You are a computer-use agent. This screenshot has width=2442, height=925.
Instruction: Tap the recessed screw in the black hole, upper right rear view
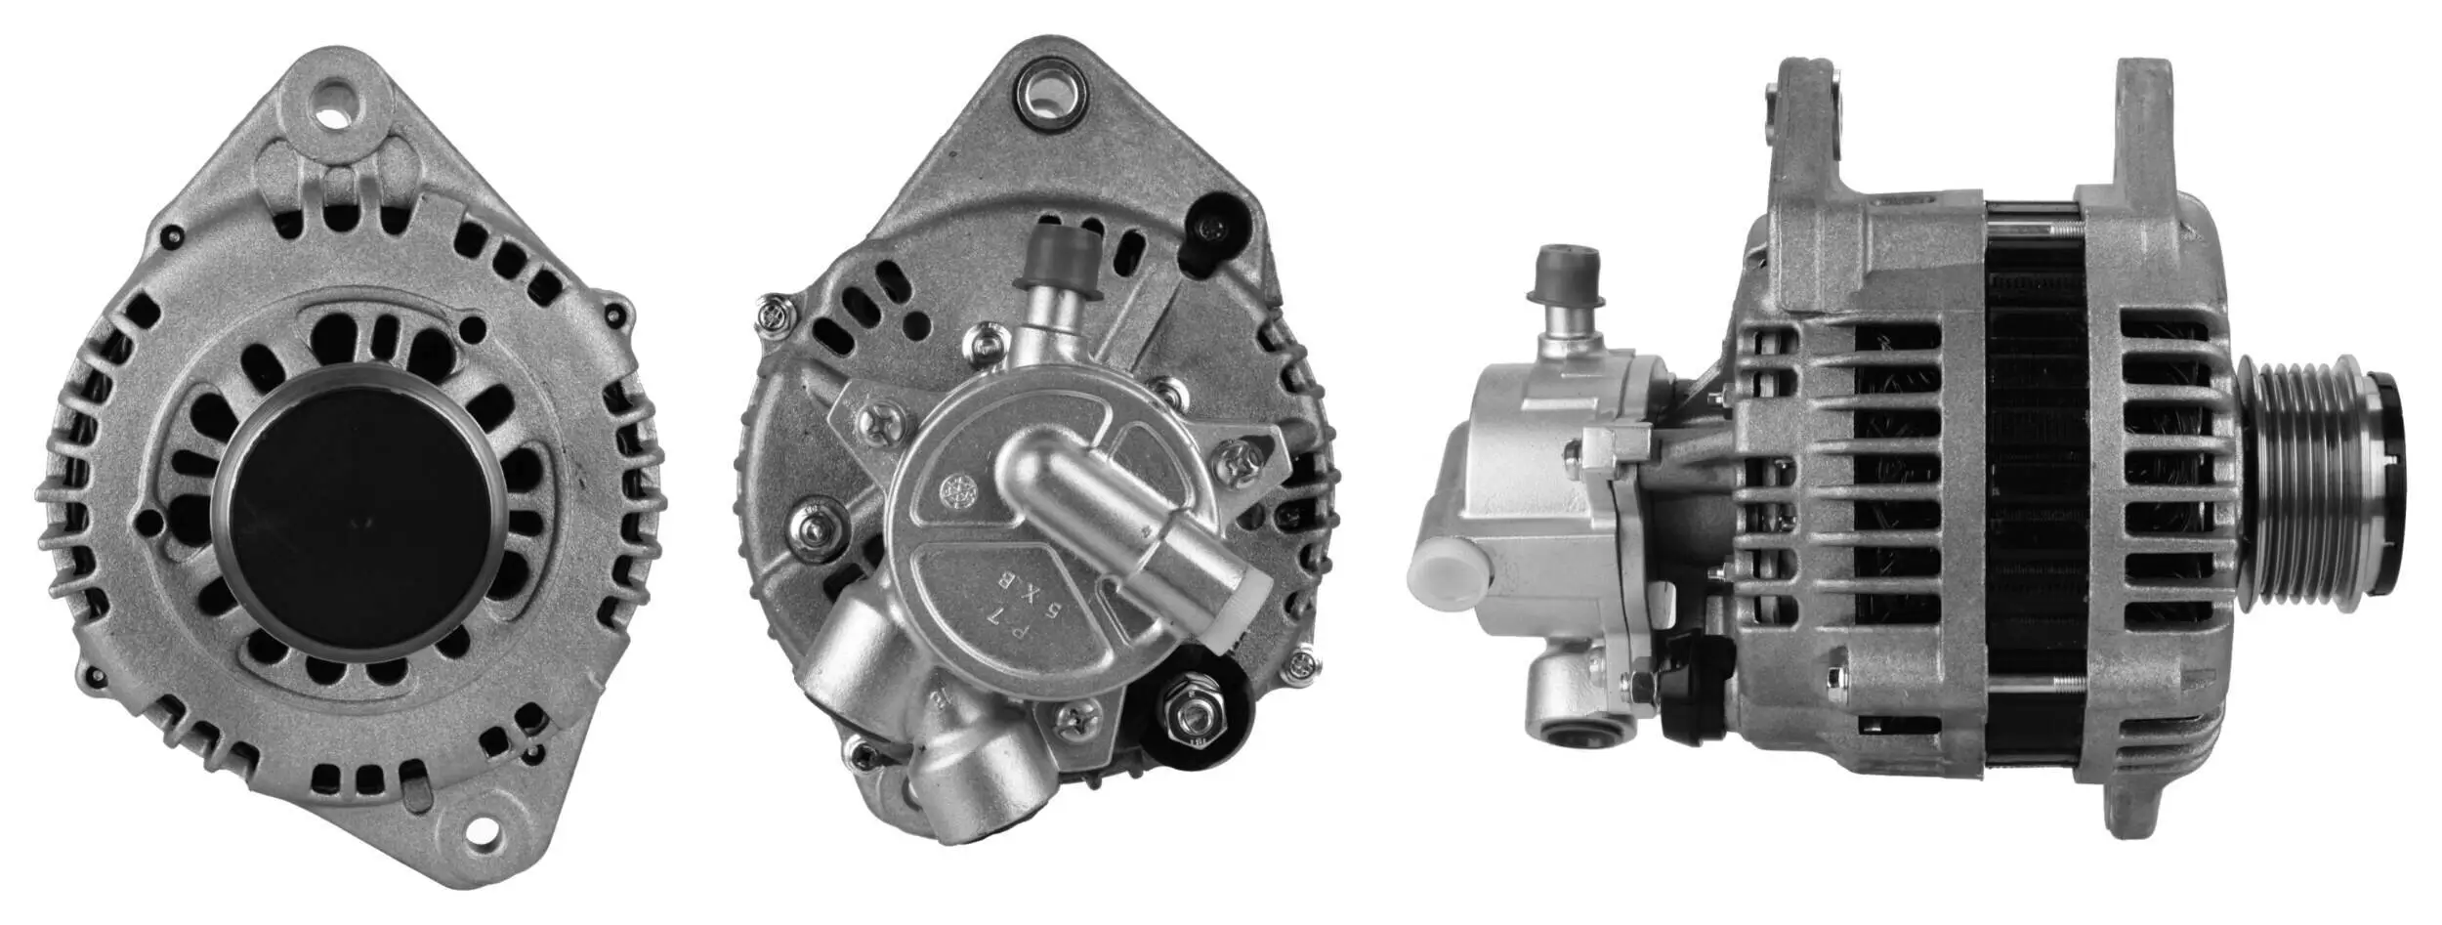coord(1213,231)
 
